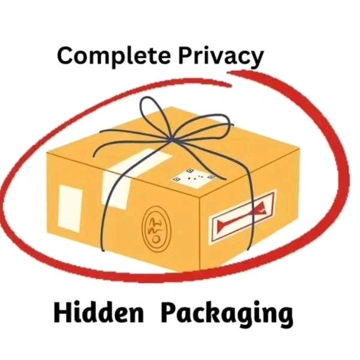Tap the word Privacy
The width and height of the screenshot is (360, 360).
[x=221, y=56]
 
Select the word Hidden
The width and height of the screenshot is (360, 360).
[x=99, y=313]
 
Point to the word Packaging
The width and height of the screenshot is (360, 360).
[x=227, y=314]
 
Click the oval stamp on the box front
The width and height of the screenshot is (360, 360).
[x=157, y=229]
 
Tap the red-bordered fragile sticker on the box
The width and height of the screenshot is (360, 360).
[x=242, y=217]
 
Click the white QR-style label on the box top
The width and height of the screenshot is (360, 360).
[x=194, y=178]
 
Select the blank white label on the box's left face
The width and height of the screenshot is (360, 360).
[x=70, y=209]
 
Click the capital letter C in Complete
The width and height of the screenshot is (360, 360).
[x=65, y=56]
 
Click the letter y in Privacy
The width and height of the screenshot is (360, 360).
[x=256, y=59]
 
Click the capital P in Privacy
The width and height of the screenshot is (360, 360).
[x=186, y=56]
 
